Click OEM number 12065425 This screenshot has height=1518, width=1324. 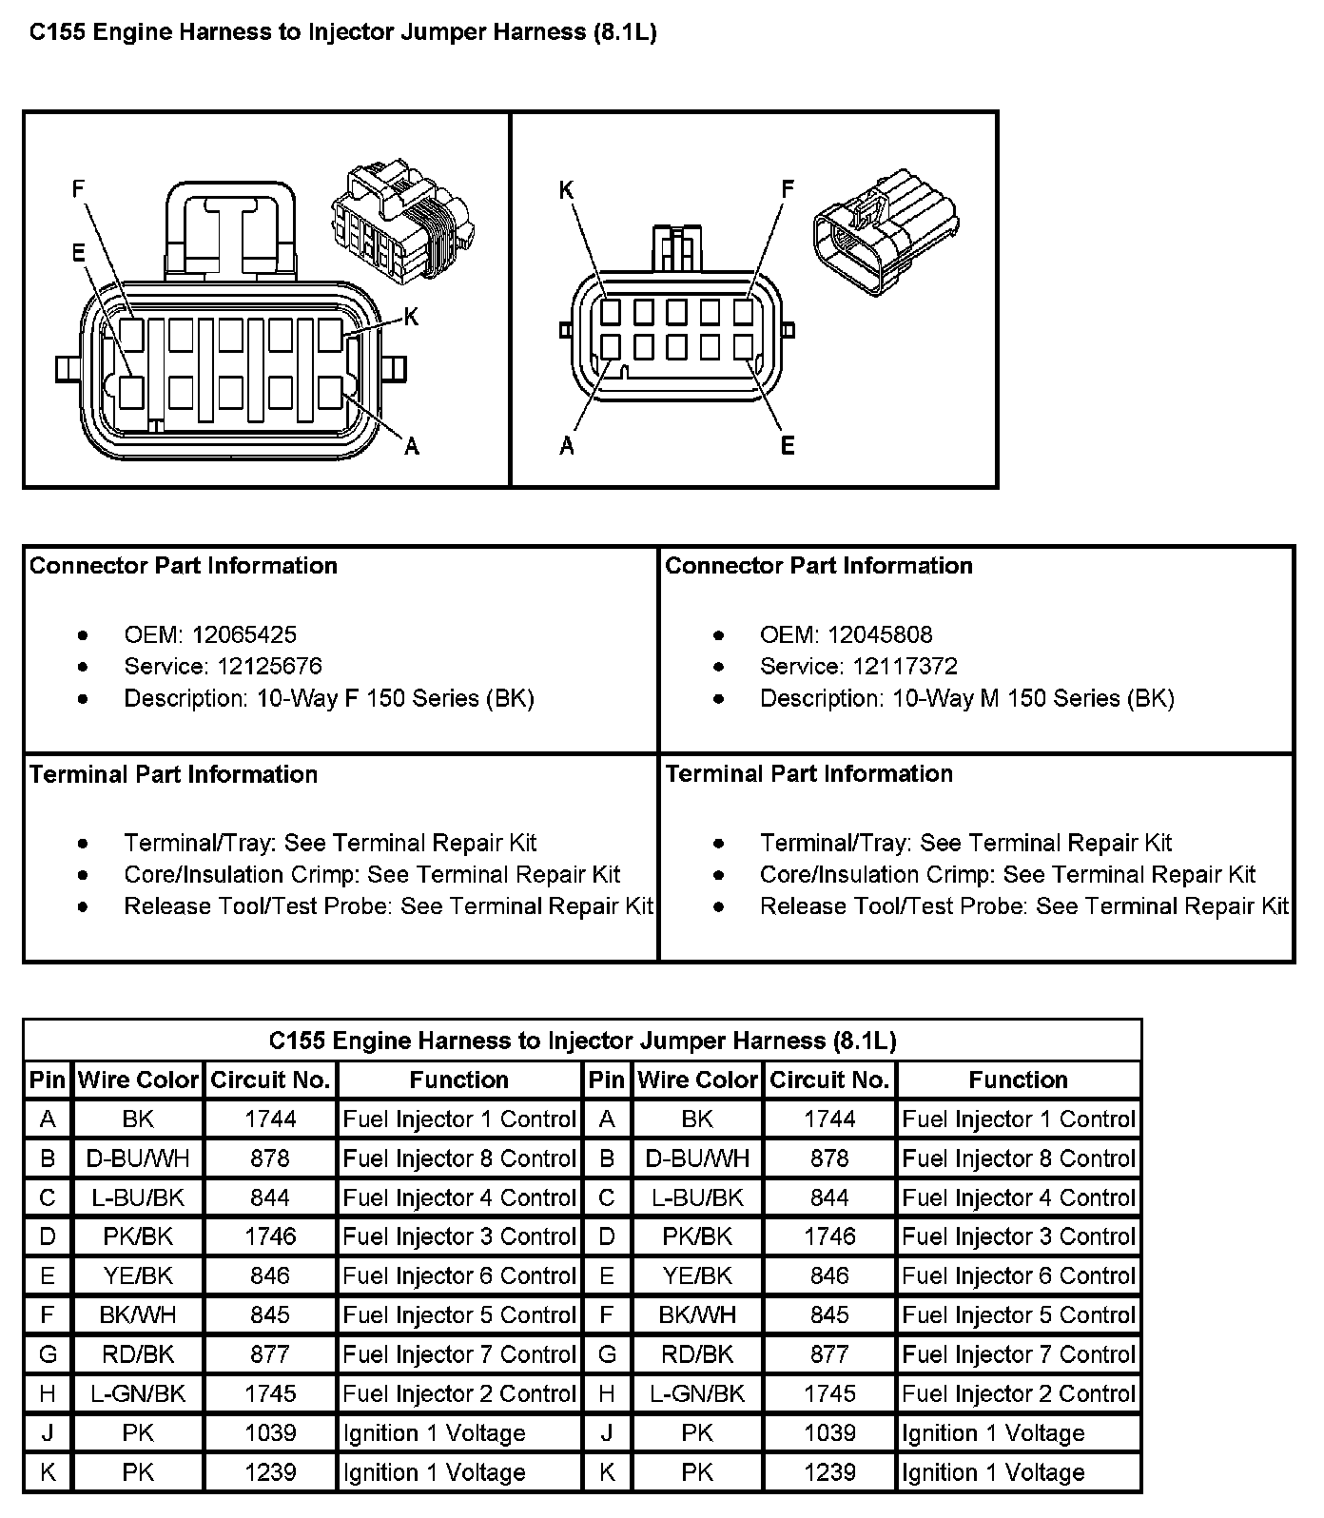point(243,634)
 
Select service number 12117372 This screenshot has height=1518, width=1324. point(905,666)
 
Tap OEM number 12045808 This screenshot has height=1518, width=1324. point(880,634)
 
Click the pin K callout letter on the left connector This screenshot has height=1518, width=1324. point(411,317)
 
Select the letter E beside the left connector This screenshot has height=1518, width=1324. point(78,252)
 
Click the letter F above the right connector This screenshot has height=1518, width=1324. point(788,188)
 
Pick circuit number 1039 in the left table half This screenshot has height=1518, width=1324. point(270,1432)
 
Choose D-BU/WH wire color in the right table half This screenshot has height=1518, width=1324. point(697,1158)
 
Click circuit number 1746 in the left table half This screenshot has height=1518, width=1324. point(270,1236)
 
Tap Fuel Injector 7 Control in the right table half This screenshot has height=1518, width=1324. point(1019,1354)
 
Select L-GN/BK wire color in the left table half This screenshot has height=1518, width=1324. point(138,1393)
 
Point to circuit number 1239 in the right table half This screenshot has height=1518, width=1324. point(829,1472)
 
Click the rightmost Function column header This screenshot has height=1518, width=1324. point(1018,1080)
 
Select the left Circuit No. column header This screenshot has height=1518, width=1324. point(270,1080)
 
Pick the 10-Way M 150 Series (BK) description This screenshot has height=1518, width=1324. point(1033,698)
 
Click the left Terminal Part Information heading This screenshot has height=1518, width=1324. point(174,773)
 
